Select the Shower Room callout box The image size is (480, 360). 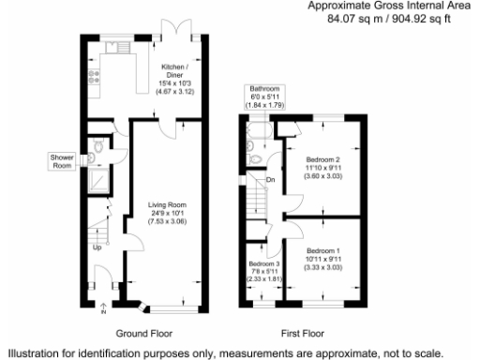(62, 161)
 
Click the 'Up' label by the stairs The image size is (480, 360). (96, 248)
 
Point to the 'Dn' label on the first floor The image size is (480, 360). (271, 179)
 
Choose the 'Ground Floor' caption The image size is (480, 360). (143, 333)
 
